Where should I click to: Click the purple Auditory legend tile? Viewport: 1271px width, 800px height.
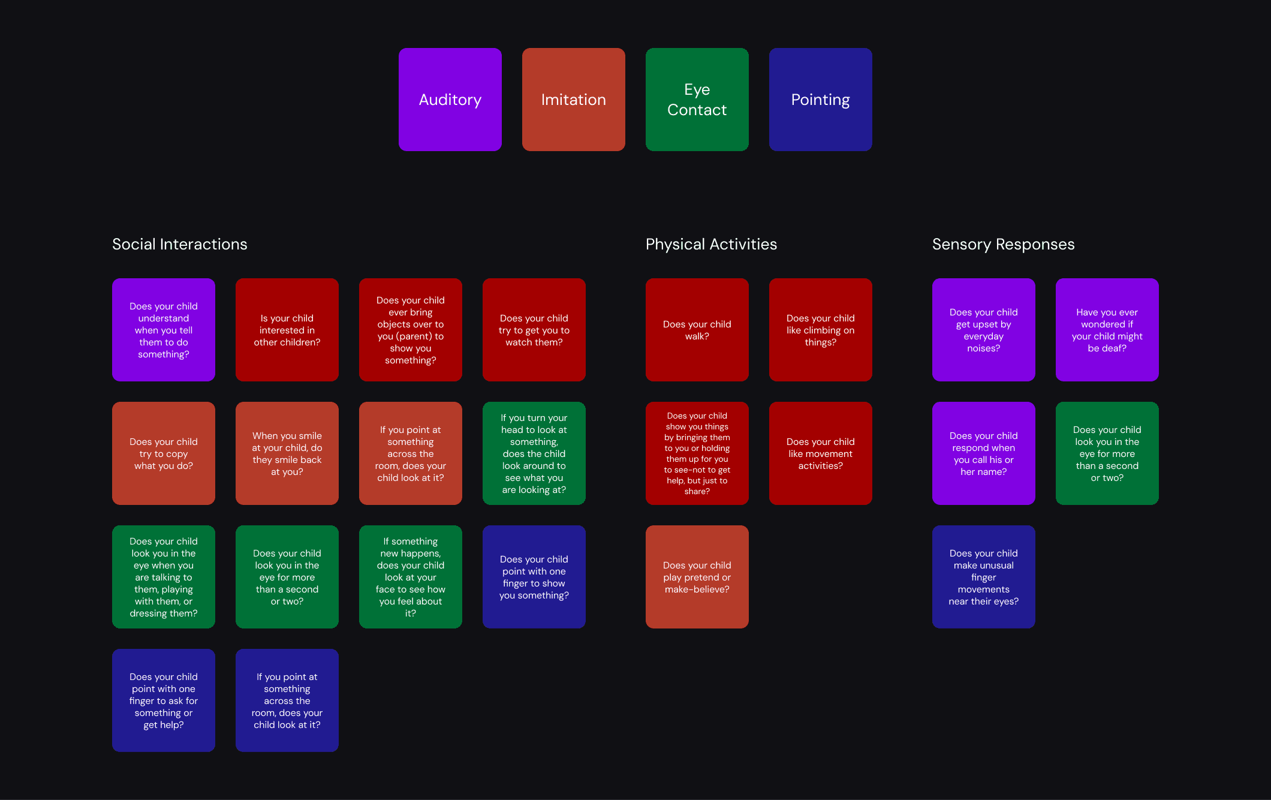pyautogui.click(x=450, y=100)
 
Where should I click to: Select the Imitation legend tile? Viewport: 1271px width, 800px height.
pyautogui.click(x=573, y=100)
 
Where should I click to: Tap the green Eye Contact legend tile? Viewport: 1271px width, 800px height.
pyautogui.click(x=697, y=100)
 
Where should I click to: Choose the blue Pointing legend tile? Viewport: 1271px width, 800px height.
pyautogui.click(x=820, y=100)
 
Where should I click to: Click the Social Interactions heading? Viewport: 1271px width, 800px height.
pyautogui.click(x=179, y=244)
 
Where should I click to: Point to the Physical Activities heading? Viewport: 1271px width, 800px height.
pyautogui.click(x=711, y=244)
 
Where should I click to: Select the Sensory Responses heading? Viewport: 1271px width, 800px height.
pyautogui.click(x=1003, y=244)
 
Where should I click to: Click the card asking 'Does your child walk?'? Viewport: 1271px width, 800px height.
pyautogui.click(x=697, y=330)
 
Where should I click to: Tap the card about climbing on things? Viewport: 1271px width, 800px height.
pyautogui.click(x=820, y=330)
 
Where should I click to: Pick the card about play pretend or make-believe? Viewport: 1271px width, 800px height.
pyautogui.click(x=697, y=577)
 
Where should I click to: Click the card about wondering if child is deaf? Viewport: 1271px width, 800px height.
pyautogui.click(x=1107, y=330)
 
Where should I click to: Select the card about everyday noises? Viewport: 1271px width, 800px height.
pyautogui.click(x=983, y=330)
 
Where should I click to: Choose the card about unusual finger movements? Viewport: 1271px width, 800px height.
pyautogui.click(x=983, y=577)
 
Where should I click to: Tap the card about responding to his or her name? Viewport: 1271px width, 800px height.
pyautogui.click(x=983, y=453)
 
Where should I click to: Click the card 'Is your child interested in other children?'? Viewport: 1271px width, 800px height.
pyautogui.click(x=287, y=330)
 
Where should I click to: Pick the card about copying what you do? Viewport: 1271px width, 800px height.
pyautogui.click(x=163, y=453)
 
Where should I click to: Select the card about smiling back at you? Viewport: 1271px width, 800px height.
pyautogui.click(x=287, y=453)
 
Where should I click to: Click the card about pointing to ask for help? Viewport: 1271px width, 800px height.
pyautogui.click(x=163, y=700)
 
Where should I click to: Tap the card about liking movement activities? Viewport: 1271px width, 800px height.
pyautogui.click(x=820, y=453)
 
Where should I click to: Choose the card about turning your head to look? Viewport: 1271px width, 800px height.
pyautogui.click(x=534, y=453)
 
